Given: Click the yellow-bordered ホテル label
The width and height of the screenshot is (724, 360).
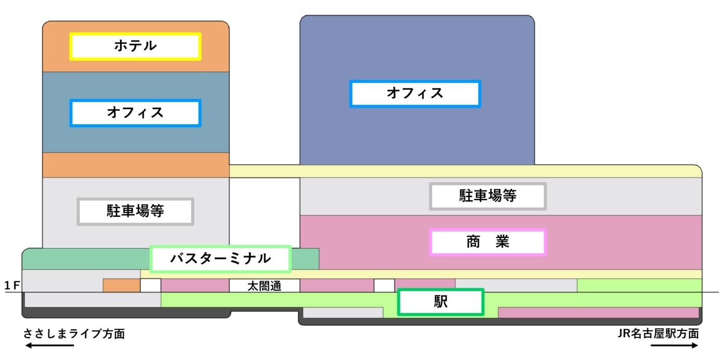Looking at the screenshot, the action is pos(135,46).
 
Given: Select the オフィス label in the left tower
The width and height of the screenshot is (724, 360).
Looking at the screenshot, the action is pos(135,113).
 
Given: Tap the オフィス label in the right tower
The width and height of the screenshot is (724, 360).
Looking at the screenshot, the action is pos(415,94).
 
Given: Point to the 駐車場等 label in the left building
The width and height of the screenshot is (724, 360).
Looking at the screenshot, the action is pos(135,211).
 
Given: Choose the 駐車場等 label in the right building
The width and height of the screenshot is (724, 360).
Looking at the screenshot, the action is pos(487,196).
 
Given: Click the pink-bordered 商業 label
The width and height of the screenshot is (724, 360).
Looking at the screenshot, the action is pos(487,242).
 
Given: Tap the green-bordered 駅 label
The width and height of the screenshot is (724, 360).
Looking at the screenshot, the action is pos(441,302).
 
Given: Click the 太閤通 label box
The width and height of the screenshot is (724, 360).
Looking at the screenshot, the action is pos(264,286).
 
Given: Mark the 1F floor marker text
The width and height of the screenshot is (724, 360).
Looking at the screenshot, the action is pos(11,286).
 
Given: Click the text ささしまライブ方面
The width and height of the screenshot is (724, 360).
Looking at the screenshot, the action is pos(74,334).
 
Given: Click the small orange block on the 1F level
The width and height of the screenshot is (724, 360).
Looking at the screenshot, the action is pos(121,285).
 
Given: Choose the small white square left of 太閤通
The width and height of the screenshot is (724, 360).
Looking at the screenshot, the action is pos(150,285).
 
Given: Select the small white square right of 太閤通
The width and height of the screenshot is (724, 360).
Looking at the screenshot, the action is pos(384,285).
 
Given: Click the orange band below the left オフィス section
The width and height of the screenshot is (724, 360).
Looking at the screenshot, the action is pos(135,165).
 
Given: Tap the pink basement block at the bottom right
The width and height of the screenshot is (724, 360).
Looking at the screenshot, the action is pos(598,312).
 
